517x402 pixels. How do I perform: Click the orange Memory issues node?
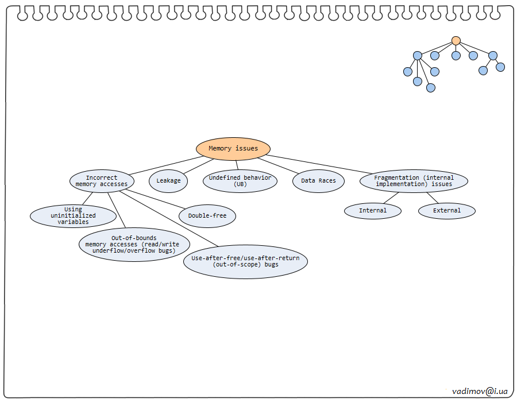pos(233,148)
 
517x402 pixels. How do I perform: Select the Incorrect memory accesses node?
pos(102,181)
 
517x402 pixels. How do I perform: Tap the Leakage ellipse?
pos(168,180)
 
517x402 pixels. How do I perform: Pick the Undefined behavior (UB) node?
pos(240,181)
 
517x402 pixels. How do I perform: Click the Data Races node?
pos(318,180)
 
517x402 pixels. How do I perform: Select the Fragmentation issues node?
pos(414,181)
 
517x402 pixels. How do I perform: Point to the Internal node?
pos(373,210)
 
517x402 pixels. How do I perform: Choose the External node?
pos(447,210)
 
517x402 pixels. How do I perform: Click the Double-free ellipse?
pos(207,216)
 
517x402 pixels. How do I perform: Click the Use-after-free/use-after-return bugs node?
pos(245,261)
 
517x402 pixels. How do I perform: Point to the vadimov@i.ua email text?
pos(480,391)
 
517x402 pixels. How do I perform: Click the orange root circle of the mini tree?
pos(456,41)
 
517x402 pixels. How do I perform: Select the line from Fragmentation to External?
pos(432,198)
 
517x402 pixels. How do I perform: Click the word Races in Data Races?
pos(326,180)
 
